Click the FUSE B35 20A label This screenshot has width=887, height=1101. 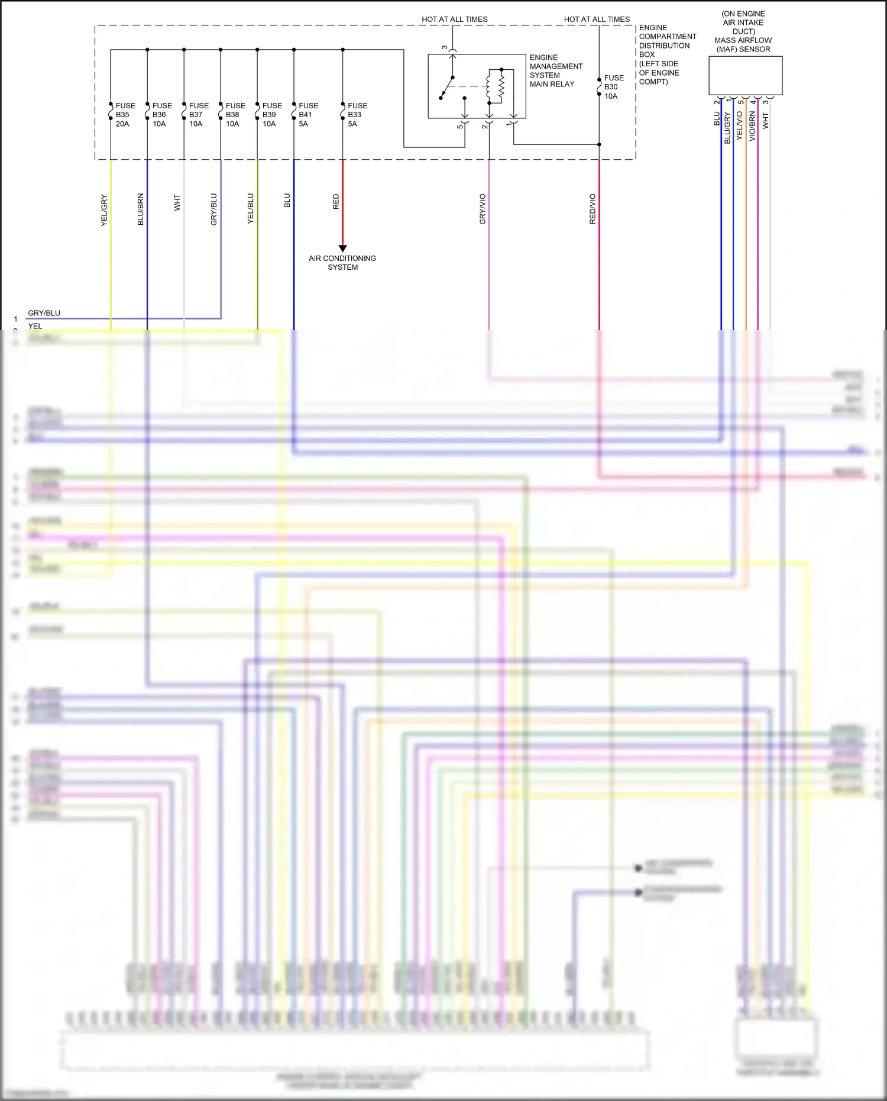click(x=125, y=115)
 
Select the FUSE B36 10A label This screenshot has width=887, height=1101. click(x=161, y=115)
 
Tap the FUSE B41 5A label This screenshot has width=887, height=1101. click(x=307, y=115)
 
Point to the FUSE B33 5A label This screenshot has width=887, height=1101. click(x=357, y=115)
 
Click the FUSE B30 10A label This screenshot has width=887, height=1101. click(x=613, y=87)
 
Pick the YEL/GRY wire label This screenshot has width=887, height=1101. click(x=104, y=209)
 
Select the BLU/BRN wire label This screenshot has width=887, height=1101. click(x=141, y=209)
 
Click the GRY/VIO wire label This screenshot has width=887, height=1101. click(x=483, y=209)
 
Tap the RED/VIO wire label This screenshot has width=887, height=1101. click(x=593, y=209)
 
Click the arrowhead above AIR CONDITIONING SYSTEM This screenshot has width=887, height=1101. click(x=342, y=248)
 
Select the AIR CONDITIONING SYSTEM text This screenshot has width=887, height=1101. click(x=342, y=263)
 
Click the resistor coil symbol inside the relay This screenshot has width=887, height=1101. click(x=501, y=86)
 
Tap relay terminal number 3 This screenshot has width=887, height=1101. click(x=445, y=48)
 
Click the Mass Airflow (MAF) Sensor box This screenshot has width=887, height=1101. click(x=745, y=75)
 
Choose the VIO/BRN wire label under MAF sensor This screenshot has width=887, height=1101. click(x=752, y=126)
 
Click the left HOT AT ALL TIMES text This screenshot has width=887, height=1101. click(x=454, y=20)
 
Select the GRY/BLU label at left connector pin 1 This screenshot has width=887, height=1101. click(x=44, y=313)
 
